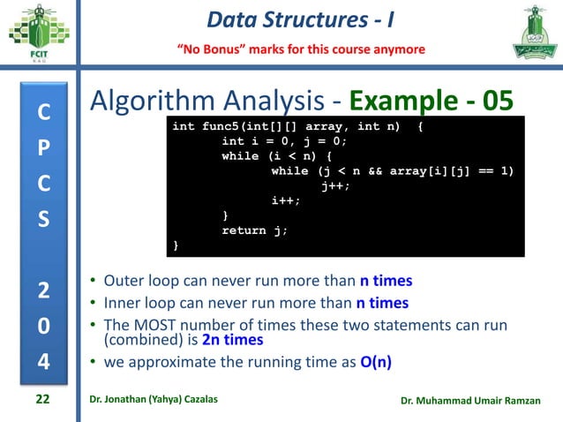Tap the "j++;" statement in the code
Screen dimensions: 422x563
[336, 186]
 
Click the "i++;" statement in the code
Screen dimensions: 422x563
[286, 200]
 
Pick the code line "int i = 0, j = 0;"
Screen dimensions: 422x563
[285, 141]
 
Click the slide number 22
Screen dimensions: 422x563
[42, 400]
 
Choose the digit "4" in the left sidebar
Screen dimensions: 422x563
[42, 363]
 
